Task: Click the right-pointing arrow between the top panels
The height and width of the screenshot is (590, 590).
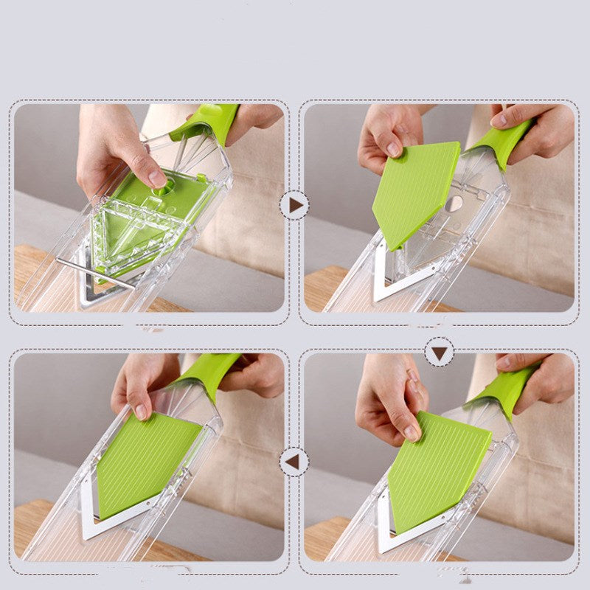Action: [x=294, y=205]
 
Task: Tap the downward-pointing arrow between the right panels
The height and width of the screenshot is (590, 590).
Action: [x=440, y=353]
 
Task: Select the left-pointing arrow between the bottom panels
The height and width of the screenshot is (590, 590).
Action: [x=294, y=462]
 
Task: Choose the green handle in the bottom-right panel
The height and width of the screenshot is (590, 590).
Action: [x=505, y=386]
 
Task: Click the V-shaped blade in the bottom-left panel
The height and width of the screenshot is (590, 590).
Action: [x=111, y=521]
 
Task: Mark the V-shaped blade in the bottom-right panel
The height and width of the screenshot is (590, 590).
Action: [x=402, y=535]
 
